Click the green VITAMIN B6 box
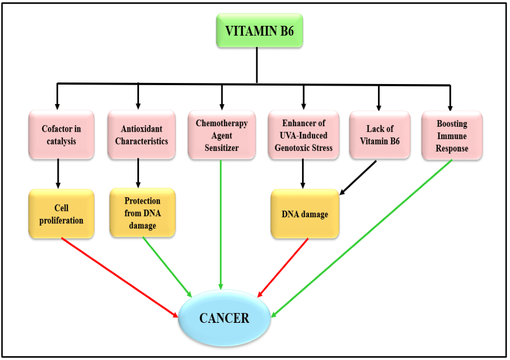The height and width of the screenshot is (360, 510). pos(260,30)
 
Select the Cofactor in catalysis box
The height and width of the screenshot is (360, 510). pos(61,135)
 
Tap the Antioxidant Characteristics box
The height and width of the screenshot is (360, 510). pos(141,135)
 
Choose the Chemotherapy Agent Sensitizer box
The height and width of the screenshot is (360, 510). pos(221,135)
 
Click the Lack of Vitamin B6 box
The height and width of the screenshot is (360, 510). pos(380,135)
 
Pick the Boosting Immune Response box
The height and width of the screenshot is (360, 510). pos(452,135)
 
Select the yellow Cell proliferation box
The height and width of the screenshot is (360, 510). pos(61,213)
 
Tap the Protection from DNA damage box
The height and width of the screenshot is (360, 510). pos(142,213)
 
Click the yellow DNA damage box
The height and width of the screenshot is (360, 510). pos(305,214)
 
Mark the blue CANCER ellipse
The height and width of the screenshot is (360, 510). pos(224,318)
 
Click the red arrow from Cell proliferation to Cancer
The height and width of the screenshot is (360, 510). pos(120,277)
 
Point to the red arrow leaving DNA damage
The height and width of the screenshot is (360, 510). pos(284,267)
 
